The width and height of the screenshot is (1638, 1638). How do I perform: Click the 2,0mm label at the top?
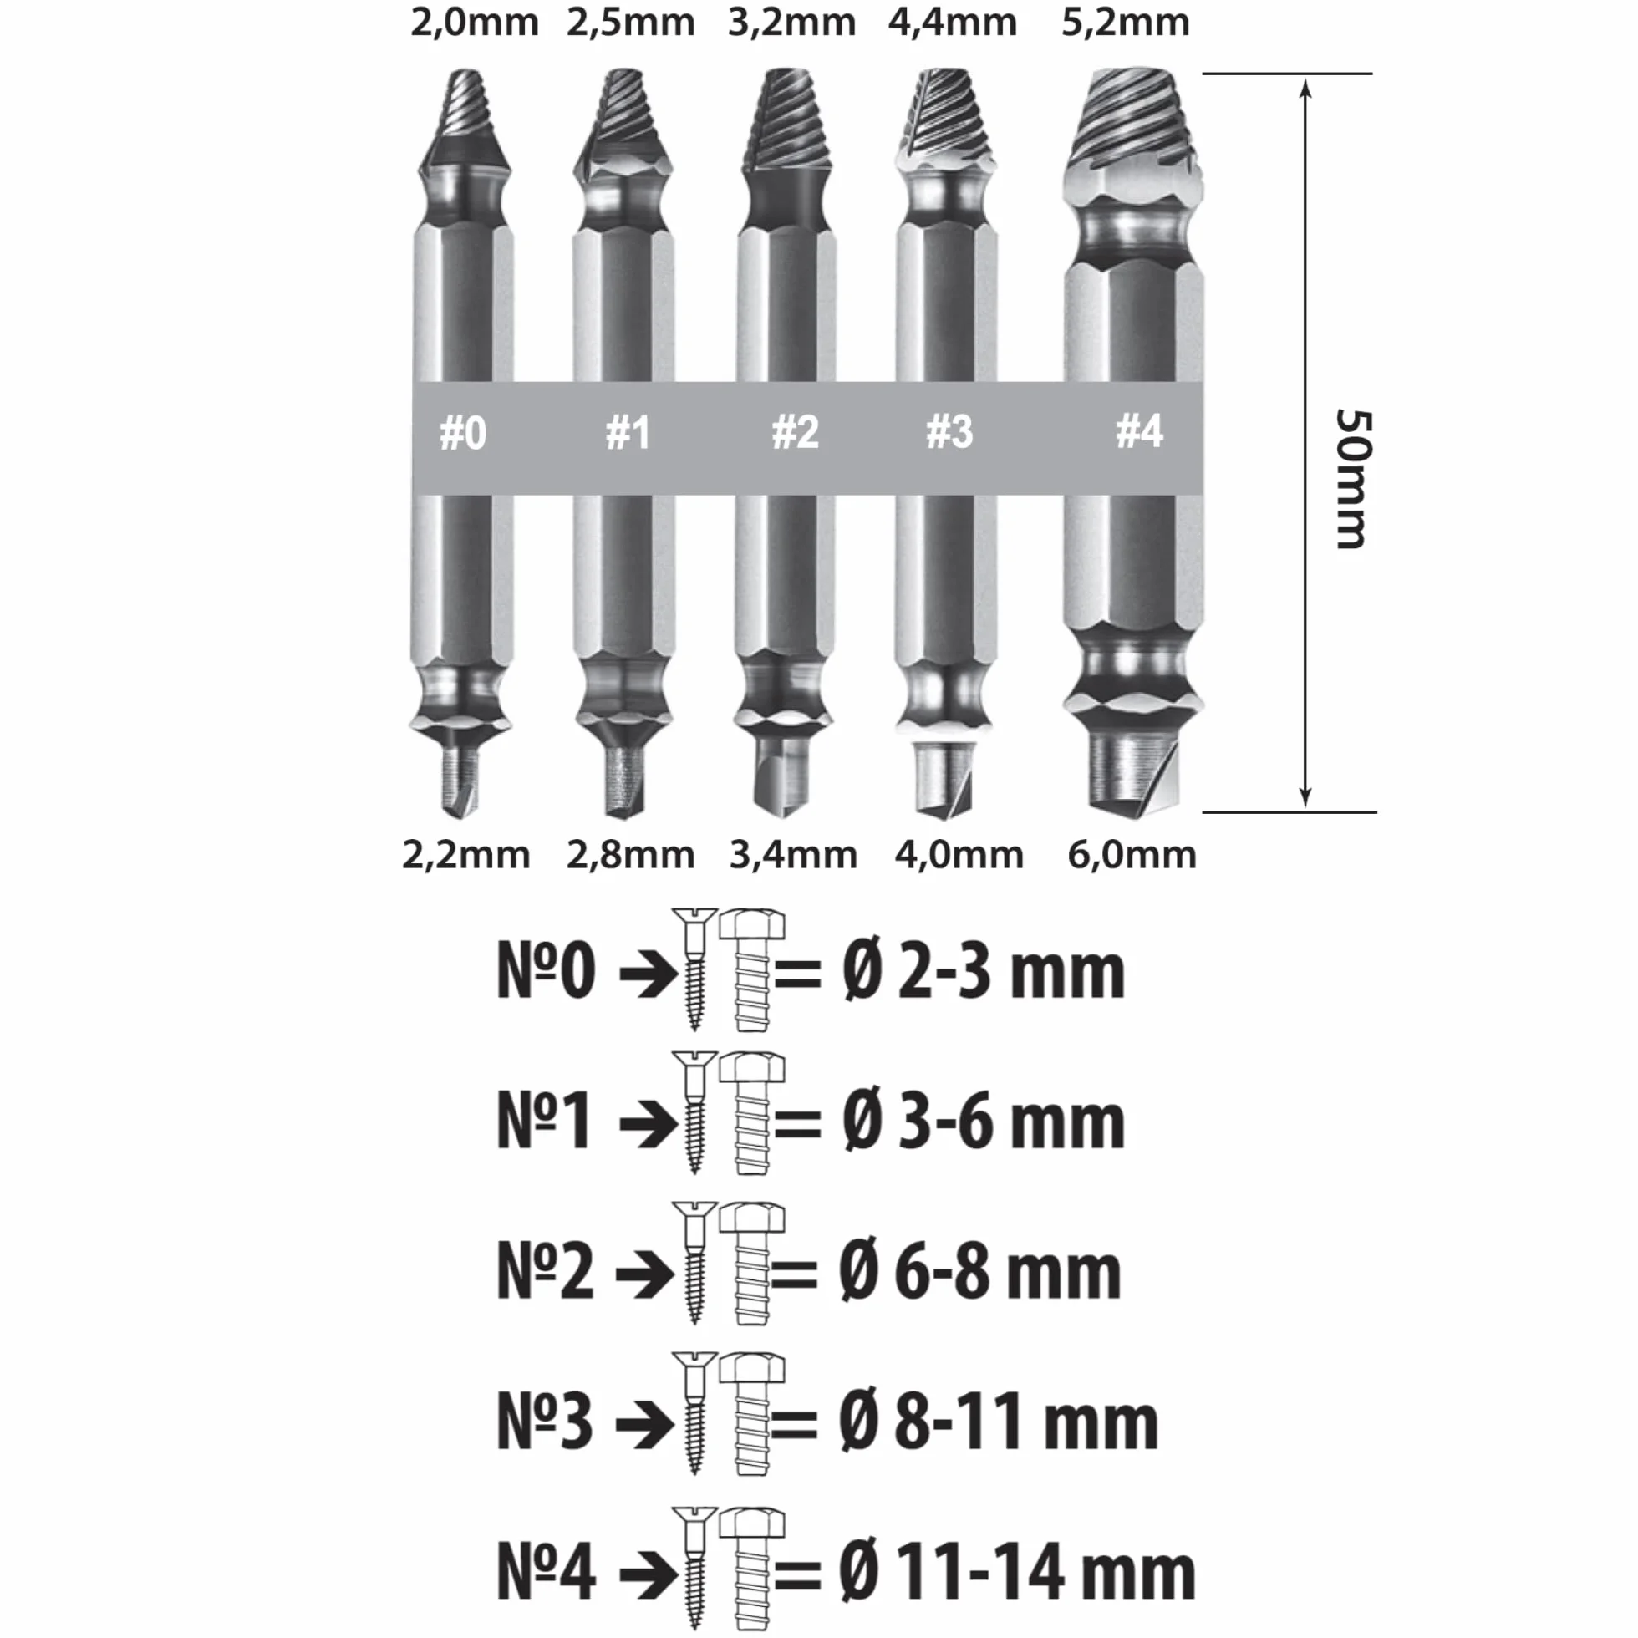pyautogui.click(x=474, y=22)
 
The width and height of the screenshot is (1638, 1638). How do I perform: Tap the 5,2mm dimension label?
pyautogui.click(x=1125, y=22)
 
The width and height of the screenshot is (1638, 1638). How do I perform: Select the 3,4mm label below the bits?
pyautogui.click(x=793, y=855)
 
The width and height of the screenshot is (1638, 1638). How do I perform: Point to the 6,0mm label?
pyautogui.click(x=1131, y=855)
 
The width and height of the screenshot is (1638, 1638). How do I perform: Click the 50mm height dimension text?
pyautogui.click(x=1351, y=479)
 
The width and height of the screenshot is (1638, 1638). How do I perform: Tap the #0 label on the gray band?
pyautogui.click(x=463, y=433)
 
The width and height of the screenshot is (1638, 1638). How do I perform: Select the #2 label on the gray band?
pyautogui.click(x=795, y=432)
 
